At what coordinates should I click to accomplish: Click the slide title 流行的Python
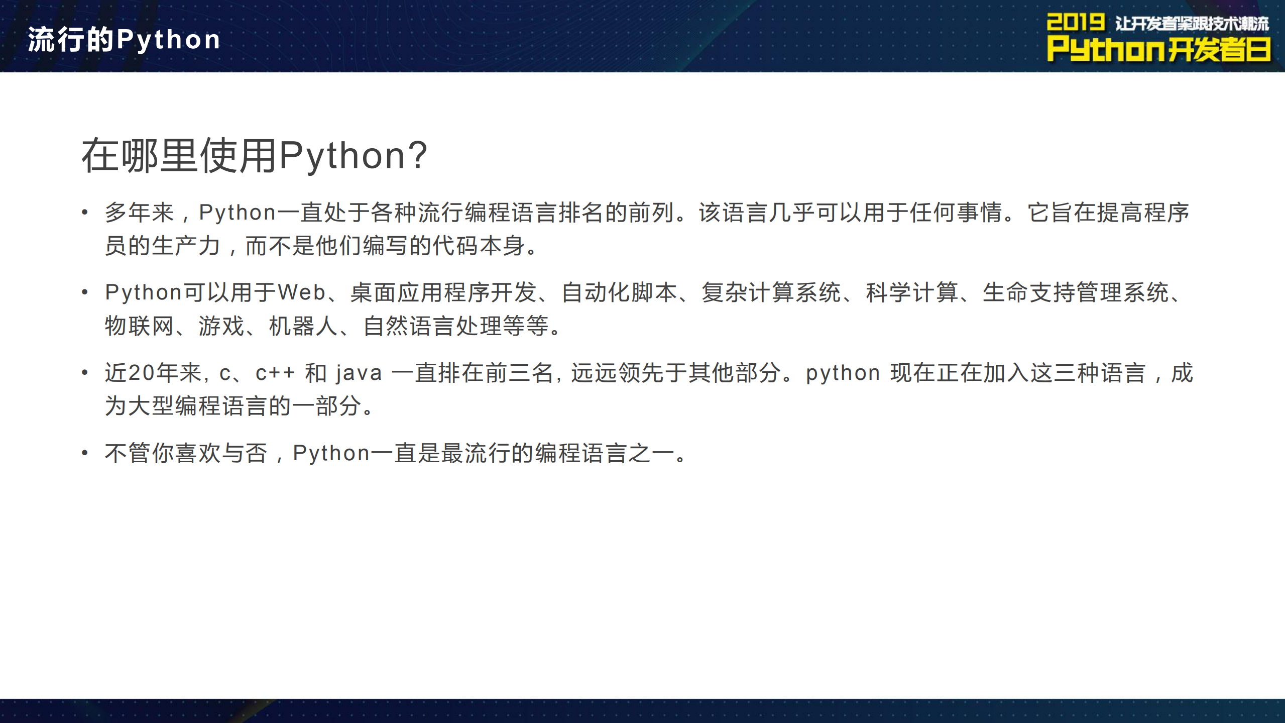(x=124, y=40)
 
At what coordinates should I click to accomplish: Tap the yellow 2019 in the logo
(x=1075, y=23)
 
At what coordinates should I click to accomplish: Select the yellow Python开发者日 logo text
(x=1158, y=50)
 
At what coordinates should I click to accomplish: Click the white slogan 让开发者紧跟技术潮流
(x=1192, y=24)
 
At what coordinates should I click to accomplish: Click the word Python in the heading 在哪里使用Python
(x=342, y=156)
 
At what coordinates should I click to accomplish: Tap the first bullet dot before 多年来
(x=85, y=213)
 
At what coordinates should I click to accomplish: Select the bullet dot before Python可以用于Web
(x=85, y=292)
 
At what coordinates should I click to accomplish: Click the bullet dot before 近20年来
(x=85, y=373)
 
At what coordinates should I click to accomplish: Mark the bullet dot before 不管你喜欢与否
(x=85, y=453)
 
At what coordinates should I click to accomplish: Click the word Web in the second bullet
(x=301, y=292)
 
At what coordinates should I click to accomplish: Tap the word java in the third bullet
(x=359, y=373)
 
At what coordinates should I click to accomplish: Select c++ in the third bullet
(x=275, y=373)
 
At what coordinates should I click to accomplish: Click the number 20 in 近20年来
(x=141, y=373)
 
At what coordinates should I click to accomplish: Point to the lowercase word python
(x=843, y=373)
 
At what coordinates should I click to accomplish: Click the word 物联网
(x=140, y=326)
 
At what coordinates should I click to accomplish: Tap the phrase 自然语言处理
(x=432, y=326)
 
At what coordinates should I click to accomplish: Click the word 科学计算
(x=912, y=292)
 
